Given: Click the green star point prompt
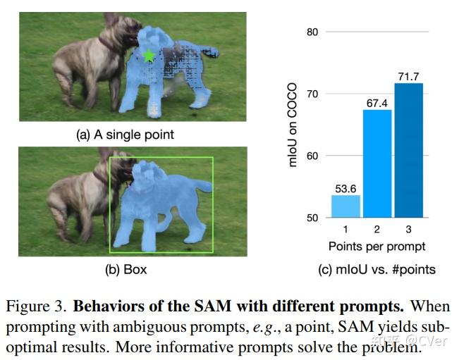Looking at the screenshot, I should pyautogui.click(x=149, y=55).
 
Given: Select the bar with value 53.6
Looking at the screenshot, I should pyautogui.click(x=345, y=206).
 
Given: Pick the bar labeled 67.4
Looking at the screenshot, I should pyautogui.click(x=377, y=163).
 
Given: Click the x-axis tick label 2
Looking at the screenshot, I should pyautogui.click(x=377, y=230).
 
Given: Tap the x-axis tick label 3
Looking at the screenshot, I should pyautogui.click(x=408, y=230).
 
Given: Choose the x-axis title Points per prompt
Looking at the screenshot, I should pyautogui.click(x=377, y=247).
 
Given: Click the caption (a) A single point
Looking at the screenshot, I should pyautogui.click(x=124, y=135).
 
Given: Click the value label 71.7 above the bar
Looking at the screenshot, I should pyautogui.click(x=408, y=75).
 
